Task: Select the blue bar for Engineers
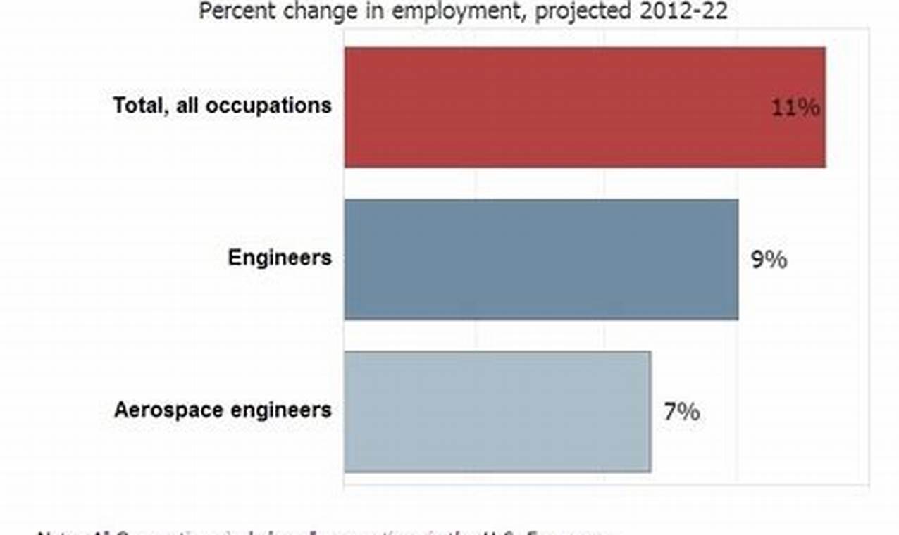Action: pos(541,259)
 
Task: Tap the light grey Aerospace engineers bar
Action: pos(497,411)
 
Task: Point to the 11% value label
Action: pos(795,108)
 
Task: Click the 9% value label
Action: pos(769,260)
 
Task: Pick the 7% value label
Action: pos(681,412)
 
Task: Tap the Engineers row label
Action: pos(279,258)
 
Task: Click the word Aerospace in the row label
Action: pos(167,410)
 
